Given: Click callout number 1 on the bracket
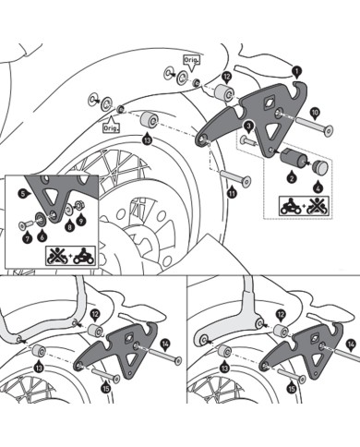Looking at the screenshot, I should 295,69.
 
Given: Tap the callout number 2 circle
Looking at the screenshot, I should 291,175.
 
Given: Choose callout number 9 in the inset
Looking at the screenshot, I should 80,223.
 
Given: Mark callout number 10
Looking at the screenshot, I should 316,112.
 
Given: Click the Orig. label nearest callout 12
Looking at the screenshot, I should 191,59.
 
